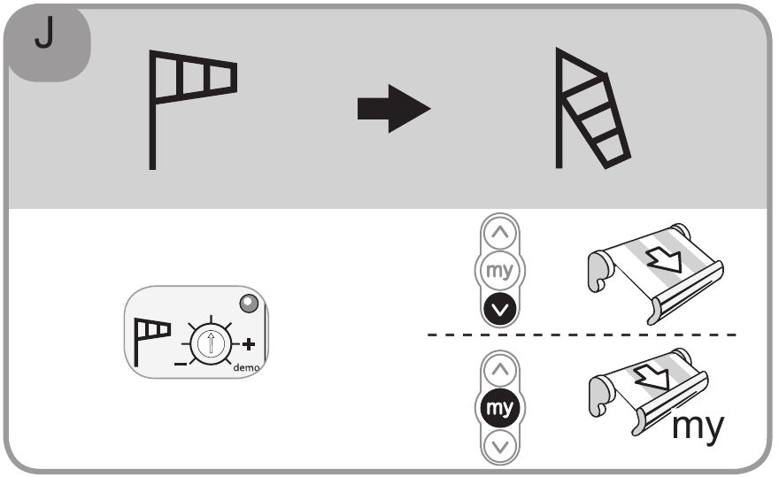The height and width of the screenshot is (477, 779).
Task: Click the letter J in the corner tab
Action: (42, 38)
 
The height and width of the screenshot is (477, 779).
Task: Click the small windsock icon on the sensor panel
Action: (151, 333)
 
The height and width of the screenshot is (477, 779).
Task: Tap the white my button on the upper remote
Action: (500, 272)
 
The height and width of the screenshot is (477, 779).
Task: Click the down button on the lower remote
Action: (500, 445)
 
